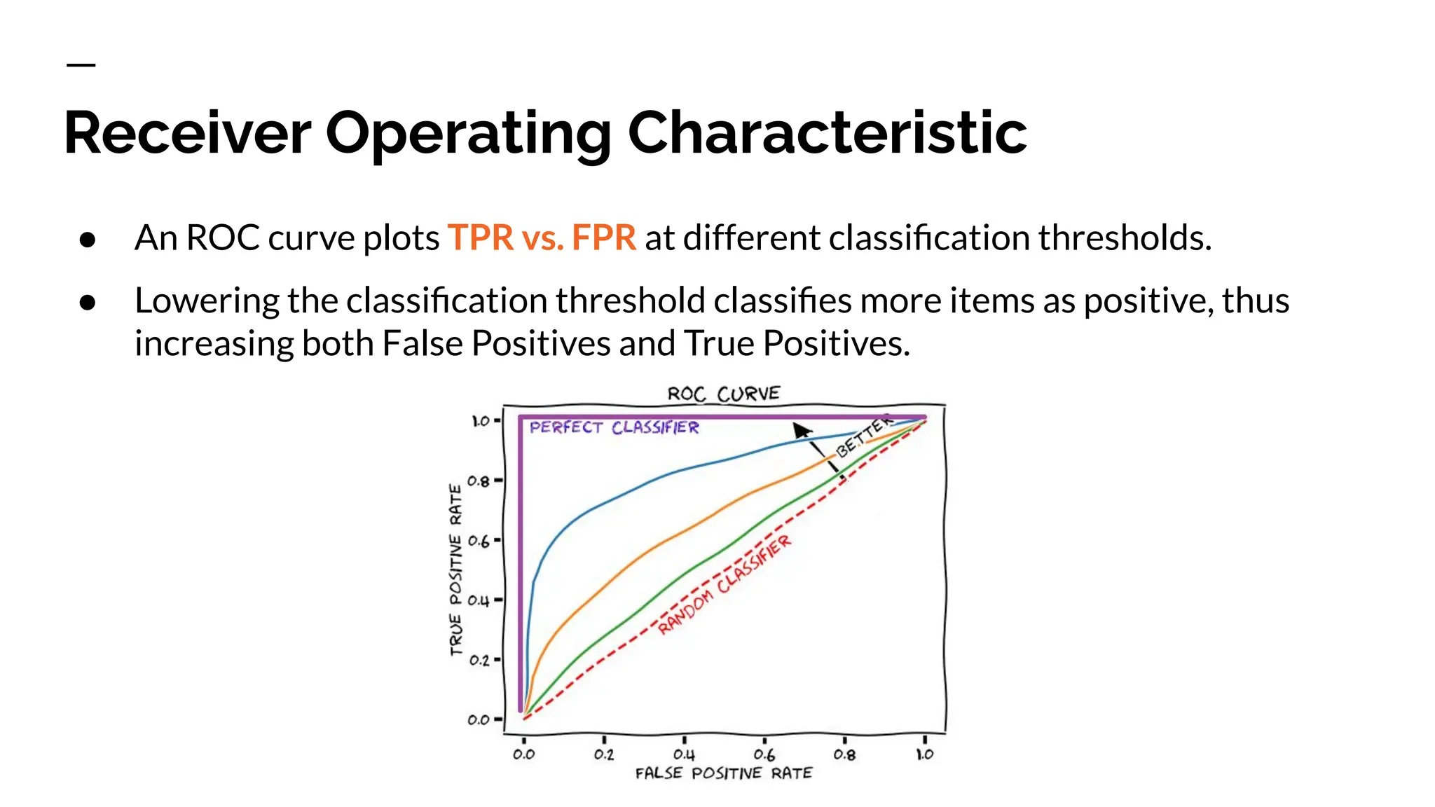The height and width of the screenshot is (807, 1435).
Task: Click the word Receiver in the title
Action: (x=187, y=133)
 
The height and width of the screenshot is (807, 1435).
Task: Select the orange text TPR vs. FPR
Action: (x=542, y=237)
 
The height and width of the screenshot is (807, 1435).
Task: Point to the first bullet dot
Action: (x=88, y=240)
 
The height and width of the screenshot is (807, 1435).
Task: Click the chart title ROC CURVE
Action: (x=723, y=394)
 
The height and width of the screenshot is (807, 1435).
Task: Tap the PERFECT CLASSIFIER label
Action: (x=614, y=427)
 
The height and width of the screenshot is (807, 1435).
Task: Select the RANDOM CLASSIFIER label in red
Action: (x=724, y=584)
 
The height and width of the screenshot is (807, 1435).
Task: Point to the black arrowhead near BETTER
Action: (x=801, y=429)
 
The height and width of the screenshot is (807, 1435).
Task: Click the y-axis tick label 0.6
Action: (x=479, y=541)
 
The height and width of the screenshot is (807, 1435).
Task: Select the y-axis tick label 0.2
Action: (x=479, y=660)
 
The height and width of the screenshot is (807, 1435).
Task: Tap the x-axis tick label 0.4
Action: (x=684, y=754)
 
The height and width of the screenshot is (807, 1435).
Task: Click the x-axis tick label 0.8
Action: (x=844, y=754)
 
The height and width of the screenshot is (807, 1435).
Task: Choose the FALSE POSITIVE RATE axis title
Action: (x=723, y=773)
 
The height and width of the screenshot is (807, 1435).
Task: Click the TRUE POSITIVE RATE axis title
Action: (x=456, y=570)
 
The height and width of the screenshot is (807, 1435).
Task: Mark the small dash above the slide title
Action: (x=81, y=65)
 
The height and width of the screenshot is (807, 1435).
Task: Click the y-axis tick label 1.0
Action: (x=480, y=421)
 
